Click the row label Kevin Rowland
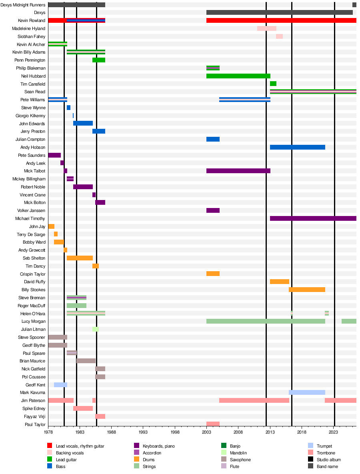(32, 20)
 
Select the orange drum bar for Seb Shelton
(80, 258)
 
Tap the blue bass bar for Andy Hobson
(298, 147)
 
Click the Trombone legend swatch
(310, 453)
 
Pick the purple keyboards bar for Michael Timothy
(313, 218)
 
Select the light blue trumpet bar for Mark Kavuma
(307, 393)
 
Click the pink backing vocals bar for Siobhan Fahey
(279, 36)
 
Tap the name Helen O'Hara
(33, 314)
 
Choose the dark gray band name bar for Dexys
(280, 12)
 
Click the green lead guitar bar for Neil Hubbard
(238, 76)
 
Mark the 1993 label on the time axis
(143, 432)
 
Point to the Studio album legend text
(329, 460)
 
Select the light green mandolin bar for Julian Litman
(96, 329)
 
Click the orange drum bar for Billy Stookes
(307, 290)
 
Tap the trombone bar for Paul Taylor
(213, 424)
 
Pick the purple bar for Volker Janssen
(213, 210)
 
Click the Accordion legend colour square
(137, 453)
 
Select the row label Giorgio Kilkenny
(30, 116)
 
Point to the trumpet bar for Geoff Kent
(60, 385)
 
